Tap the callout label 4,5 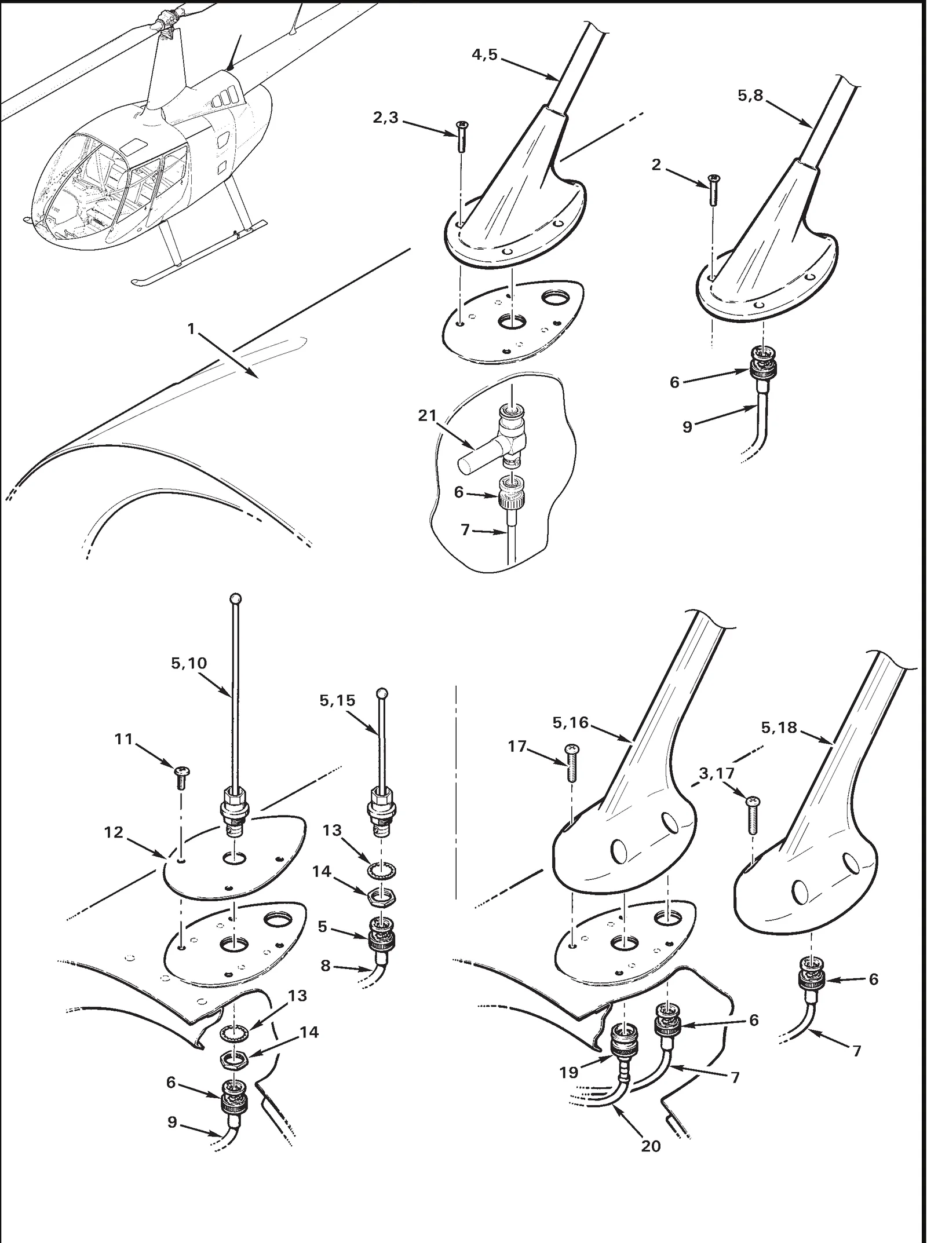pyautogui.click(x=484, y=55)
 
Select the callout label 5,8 pyautogui.click(x=750, y=96)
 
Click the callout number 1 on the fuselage pyautogui.click(x=191, y=329)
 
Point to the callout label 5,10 pyautogui.click(x=189, y=663)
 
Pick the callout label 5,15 pyautogui.click(x=337, y=700)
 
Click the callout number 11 pyautogui.click(x=124, y=739)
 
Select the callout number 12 pyautogui.click(x=114, y=832)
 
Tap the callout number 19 pyautogui.click(x=569, y=1072)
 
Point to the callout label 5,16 pyautogui.click(x=571, y=722)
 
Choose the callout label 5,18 pyautogui.click(x=779, y=727)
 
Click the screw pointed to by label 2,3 pyautogui.click(x=462, y=136)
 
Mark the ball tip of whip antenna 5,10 pyautogui.click(x=235, y=598)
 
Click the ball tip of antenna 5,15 pyautogui.click(x=381, y=692)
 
